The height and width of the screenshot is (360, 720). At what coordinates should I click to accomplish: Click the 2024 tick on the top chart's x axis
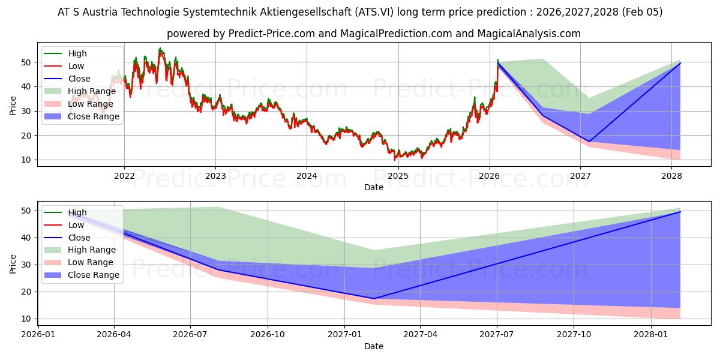[307, 176]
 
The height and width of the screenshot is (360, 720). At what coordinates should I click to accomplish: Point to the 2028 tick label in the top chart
[671, 176]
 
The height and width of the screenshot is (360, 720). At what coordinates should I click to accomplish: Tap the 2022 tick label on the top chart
[124, 176]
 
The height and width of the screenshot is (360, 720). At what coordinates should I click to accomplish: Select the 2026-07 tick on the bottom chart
[190, 335]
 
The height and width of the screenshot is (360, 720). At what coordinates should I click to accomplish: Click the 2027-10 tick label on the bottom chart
[574, 335]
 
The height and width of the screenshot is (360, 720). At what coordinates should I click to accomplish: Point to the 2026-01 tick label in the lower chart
[38, 335]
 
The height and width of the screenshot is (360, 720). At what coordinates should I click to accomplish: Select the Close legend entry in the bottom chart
[79, 238]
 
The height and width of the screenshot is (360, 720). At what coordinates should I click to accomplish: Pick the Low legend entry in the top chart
[76, 66]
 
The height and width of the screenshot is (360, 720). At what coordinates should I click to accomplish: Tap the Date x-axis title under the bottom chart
[373, 346]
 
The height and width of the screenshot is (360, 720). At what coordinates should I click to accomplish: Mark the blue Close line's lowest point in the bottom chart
[374, 299]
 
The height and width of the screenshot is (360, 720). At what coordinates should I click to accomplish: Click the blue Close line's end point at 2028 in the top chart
[680, 62]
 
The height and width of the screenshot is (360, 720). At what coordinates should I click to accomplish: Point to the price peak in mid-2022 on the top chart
[160, 49]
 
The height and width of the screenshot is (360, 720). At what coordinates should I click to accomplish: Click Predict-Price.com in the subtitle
[271, 34]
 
